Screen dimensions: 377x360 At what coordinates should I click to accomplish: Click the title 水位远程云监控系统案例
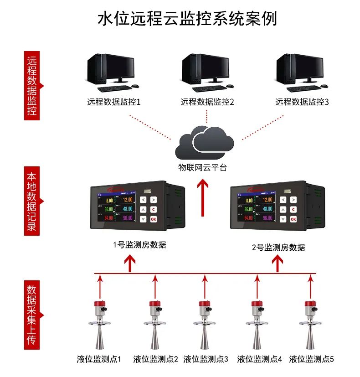187,19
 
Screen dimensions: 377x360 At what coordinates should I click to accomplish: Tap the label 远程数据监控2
207,102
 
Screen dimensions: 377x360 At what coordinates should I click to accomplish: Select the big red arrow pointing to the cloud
203,197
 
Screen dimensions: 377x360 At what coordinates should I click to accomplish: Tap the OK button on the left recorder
153,219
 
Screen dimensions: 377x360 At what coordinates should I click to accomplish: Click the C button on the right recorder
293,209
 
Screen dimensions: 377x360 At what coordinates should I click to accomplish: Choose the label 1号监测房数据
139,245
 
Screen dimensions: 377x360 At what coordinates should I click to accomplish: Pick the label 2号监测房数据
278,248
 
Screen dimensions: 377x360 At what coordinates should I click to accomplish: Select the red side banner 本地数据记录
32,201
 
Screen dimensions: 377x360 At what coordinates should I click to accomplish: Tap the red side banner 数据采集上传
32,315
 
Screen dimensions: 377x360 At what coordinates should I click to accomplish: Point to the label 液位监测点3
206,359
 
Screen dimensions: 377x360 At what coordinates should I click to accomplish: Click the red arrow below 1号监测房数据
130,263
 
